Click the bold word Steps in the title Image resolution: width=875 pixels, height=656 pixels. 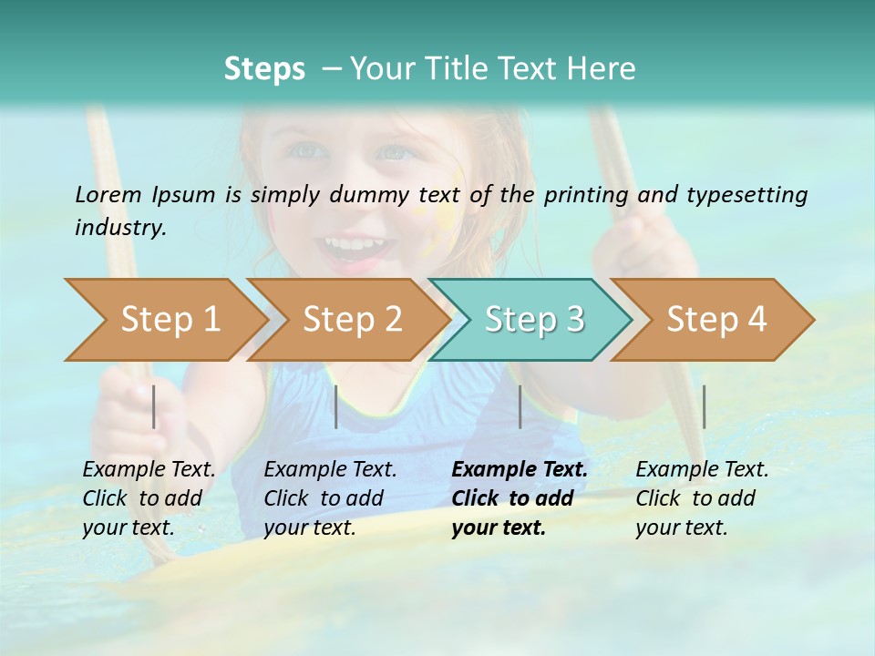click(264, 69)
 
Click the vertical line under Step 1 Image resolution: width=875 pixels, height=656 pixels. click(154, 406)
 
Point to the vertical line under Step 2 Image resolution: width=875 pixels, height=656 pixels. click(336, 406)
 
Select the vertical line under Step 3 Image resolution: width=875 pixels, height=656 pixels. click(520, 406)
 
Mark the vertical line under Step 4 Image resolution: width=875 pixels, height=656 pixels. click(704, 406)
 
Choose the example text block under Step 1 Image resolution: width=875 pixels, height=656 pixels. click(149, 498)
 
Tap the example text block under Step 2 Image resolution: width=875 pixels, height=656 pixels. click(330, 498)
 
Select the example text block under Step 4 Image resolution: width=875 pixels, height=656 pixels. click(702, 498)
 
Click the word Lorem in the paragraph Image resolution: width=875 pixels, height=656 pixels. click(108, 195)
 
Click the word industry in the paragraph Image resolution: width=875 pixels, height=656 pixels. click(119, 228)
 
